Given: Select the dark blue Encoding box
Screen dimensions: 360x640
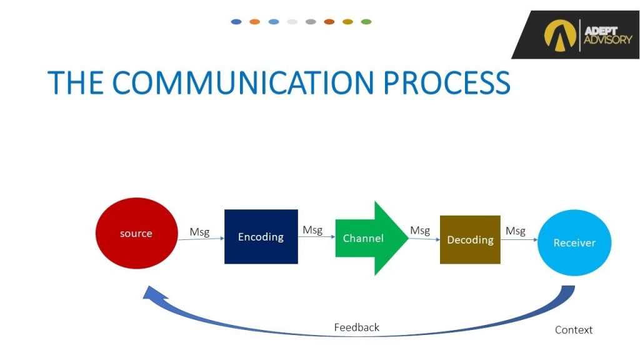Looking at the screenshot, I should coord(261,237).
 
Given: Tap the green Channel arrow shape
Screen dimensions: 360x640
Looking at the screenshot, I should coord(369,238).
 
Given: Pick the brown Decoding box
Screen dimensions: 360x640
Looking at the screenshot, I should coord(470,239).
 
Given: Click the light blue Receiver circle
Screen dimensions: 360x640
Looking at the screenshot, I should coord(574,242).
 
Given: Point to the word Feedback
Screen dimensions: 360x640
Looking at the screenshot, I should coord(356,327).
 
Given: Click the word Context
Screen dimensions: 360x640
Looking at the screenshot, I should coord(573,330).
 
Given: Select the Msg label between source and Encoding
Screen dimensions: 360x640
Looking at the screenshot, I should coord(199,232).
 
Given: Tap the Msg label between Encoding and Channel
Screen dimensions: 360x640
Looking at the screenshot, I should coord(312,230).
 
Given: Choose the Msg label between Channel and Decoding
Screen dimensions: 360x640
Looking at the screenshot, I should coord(420,231).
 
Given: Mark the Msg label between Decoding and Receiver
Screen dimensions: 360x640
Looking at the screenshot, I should coord(516,231).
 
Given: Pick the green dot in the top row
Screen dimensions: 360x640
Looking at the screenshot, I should coord(366,22).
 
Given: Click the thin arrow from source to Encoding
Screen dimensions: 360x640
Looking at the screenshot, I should coord(201,239).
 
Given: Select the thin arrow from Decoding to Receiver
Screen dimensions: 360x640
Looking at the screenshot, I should coord(519,239).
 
